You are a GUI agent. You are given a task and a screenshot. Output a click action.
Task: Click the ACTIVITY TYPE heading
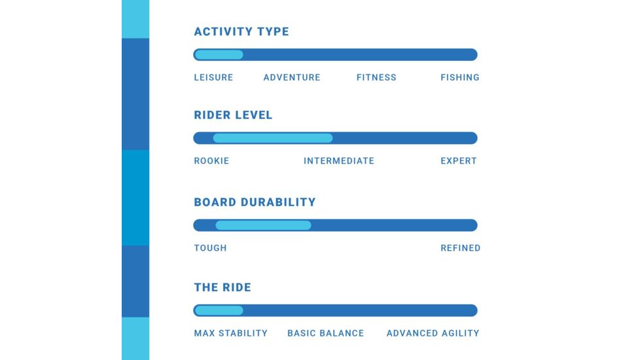pos(241,31)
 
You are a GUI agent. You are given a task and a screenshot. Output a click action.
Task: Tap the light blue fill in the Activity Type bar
pos(219,55)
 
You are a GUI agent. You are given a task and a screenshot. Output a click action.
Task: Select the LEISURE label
pos(213,77)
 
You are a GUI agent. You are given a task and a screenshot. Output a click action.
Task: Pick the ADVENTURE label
pos(292,77)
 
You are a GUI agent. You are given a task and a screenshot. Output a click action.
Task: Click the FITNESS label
pos(376,77)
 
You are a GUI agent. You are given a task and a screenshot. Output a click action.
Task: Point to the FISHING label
pos(460,77)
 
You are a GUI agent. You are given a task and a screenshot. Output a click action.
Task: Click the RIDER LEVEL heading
pos(233,115)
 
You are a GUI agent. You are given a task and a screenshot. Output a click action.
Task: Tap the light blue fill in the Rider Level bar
pos(273,138)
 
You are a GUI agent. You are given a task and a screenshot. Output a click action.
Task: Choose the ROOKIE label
pos(211,161)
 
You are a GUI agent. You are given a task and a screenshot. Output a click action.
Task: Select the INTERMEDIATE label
pos(339,161)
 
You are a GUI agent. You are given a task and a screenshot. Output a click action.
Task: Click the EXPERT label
pos(458,161)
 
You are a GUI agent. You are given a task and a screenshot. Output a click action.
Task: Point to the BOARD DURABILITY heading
pos(255,202)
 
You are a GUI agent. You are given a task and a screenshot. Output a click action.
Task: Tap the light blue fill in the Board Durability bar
pos(263,225)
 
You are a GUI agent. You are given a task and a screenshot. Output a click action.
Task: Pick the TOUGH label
pos(210,248)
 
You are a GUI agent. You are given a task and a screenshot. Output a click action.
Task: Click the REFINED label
pos(461,248)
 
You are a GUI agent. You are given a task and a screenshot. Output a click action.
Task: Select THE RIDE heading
pos(222,287)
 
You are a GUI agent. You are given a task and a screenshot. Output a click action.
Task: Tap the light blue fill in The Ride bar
pos(219,310)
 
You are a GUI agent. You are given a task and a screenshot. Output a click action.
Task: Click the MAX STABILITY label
pos(230,333)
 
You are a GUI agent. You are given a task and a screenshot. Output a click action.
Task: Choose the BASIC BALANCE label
pos(326,333)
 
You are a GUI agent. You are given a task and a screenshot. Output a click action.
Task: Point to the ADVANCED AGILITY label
pos(433,333)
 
